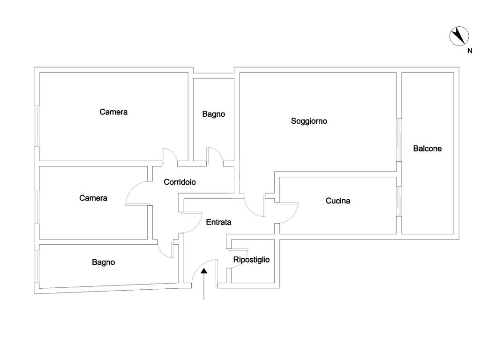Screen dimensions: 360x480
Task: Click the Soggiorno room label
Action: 309,121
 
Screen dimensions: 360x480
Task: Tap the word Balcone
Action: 427,149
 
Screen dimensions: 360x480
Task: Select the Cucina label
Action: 338,201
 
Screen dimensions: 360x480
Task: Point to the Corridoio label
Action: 180,182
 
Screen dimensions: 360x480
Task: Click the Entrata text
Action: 218,222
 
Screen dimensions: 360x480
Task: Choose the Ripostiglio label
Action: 251,259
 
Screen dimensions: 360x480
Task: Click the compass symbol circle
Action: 459,37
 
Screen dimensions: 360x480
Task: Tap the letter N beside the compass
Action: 469,51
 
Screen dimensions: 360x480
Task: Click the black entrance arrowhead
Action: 204,270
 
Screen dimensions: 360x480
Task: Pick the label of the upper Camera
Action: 113,112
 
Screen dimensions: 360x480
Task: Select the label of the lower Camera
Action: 93,198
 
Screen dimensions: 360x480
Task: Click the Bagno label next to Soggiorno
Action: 214,114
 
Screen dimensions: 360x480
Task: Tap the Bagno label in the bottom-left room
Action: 103,262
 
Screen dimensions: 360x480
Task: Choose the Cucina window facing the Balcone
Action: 398,202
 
